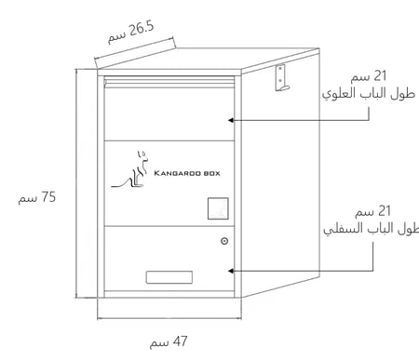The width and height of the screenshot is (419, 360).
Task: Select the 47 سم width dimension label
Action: pos(169,342)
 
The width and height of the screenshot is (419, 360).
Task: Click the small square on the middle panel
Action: pos(216,208)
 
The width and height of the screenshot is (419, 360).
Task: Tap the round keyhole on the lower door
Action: pos(225,241)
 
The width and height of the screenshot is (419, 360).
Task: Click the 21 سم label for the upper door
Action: pos(384,75)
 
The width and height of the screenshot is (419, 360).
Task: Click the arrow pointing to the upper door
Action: pos(298,119)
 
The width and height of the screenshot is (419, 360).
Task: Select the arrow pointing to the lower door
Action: pos(298,270)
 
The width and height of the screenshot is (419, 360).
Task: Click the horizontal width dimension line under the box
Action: pos(168,319)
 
